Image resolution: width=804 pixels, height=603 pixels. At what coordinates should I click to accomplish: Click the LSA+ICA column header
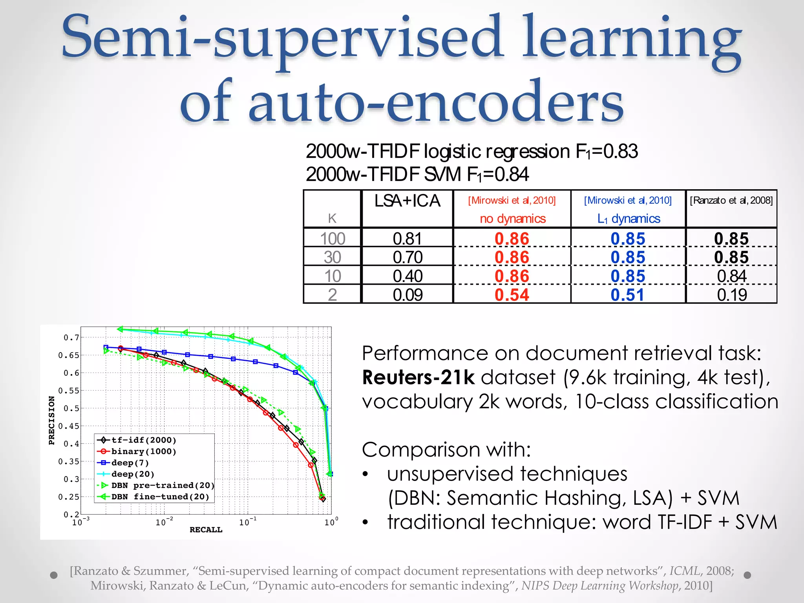coord(407,201)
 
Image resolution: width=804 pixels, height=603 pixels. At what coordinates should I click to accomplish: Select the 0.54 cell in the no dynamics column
coord(512,295)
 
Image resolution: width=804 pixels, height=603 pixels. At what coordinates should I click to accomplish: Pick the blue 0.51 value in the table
coord(627,295)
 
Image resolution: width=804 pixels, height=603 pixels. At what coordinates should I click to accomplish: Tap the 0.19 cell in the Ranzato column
coord(732,295)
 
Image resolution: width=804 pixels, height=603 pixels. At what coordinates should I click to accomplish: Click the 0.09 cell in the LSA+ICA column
coord(407,295)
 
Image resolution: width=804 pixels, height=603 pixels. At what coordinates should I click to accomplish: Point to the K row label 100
coord(333,239)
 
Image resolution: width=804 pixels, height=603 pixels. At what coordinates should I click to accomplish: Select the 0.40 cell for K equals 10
coord(407,276)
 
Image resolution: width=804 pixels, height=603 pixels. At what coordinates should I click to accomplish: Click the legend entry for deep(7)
coord(130,463)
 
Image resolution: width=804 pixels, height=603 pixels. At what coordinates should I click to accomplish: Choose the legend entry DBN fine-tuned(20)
coord(160,497)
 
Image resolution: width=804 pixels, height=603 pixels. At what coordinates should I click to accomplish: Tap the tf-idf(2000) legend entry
coord(143,440)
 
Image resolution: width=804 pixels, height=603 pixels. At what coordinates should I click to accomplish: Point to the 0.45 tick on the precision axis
coord(69,426)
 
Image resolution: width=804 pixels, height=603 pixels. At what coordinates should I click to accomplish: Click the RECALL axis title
coord(206,530)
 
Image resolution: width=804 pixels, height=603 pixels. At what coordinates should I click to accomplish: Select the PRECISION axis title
coord(51,420)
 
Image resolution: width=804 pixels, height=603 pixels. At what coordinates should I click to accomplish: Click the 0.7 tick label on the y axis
coord(71,338)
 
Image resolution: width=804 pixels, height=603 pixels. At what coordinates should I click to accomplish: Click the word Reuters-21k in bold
coord(418,377)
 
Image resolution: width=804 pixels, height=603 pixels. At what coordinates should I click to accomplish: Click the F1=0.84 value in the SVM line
coord(498,175)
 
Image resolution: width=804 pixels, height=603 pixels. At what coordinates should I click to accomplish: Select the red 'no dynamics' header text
coord(513,219)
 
